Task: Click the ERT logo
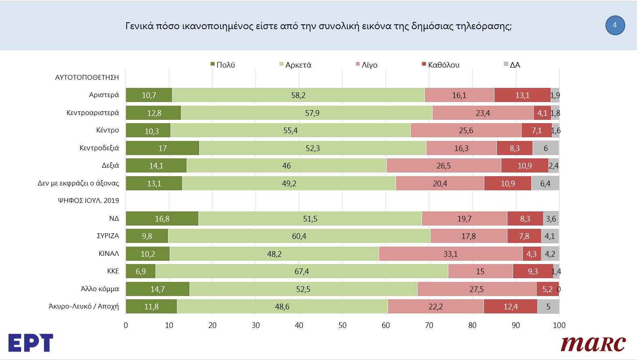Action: [x=30, y=343]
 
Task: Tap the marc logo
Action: [x=593, y=344]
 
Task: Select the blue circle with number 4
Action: [x=615, y=26]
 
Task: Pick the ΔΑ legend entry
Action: [x=512, y=65]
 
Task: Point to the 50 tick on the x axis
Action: [x=342, y=325]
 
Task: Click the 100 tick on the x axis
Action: [x=559, y=325]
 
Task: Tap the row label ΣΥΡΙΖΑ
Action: [x=108, y=236]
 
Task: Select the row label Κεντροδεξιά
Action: [x=99, y=148]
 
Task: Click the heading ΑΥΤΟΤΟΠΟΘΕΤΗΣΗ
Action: [x=87, y=77]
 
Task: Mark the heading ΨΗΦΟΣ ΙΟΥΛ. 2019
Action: [x=88, y=200]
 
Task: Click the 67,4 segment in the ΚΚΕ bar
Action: [x=302, y=271]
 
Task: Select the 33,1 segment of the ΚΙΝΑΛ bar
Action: [x=450, y=254]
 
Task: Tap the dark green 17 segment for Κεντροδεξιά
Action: [x=162, y=148]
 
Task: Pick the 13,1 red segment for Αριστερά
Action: [x=522, y=95]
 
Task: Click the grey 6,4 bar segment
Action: [x=545, y=183]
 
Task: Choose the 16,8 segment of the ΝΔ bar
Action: [x=162, y=219]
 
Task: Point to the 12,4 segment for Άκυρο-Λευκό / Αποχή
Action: [x=510, y=307]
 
